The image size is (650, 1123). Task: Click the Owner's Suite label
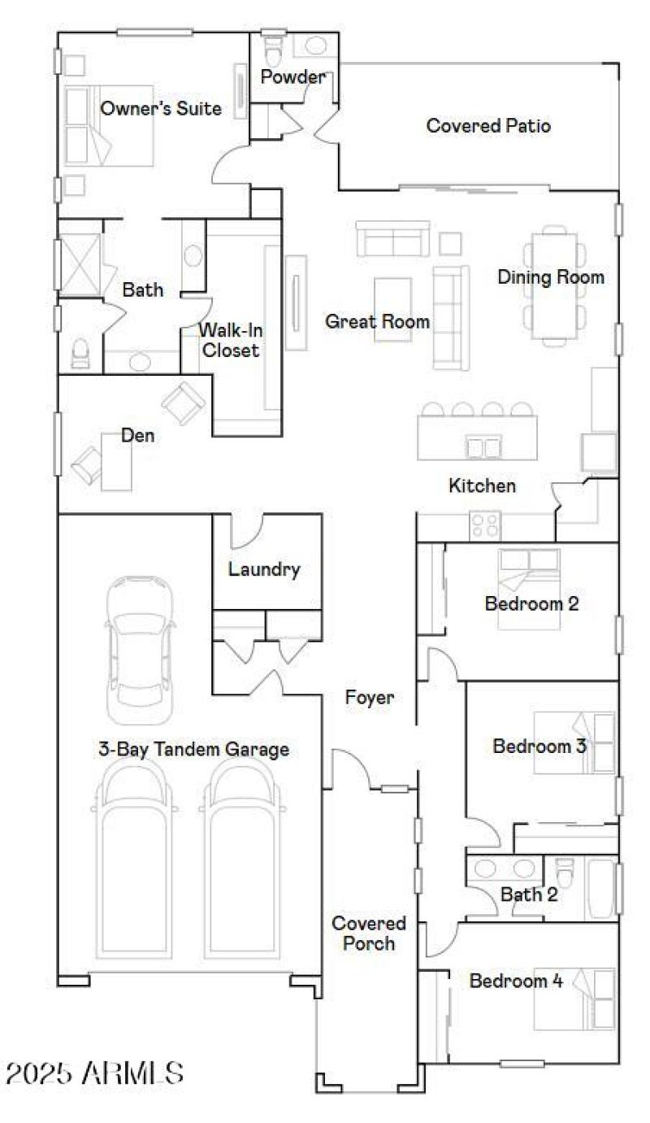160,108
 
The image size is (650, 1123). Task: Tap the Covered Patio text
488,126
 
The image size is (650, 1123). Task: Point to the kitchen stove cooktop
486,525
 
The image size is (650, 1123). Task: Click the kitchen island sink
483,446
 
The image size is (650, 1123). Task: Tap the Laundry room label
264,569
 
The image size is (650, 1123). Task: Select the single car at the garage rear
141,651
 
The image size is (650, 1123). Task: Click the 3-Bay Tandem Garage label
193,749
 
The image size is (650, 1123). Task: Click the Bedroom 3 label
539,746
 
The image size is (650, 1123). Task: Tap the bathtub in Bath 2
599,888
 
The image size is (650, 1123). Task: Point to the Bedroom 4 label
516,981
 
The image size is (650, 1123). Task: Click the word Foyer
370,697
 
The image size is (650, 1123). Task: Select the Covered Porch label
368,934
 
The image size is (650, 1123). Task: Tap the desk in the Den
116,462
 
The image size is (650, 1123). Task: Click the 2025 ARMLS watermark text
94,1073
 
